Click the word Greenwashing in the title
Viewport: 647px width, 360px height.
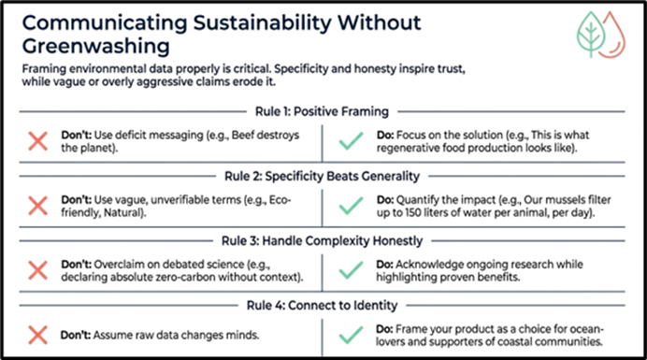pos(95,46)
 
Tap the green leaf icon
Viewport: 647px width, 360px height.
pos(591,34)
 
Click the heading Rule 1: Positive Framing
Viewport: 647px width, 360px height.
pos(322,111)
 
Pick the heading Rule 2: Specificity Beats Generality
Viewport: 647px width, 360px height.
pos(322,177)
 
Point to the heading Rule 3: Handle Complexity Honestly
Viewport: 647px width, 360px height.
pos(322,240)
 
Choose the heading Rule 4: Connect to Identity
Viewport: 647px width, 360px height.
pos(322,306)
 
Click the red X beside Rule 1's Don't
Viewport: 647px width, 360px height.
pos(38,141)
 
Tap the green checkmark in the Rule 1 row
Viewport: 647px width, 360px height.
pos(351,141)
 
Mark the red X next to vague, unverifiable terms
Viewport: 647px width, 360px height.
pos(38,206)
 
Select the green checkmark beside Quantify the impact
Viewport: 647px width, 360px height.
pos(351,206)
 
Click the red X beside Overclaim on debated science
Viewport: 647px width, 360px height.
pos(38,270)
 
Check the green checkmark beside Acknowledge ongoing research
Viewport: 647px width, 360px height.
pos(351,270)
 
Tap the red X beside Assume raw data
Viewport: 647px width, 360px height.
pos(38,335)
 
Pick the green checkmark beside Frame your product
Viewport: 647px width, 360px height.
pos(351,335)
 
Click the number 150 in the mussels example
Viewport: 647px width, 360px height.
pos(414,212)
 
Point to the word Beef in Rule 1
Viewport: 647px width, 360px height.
pos(243,135)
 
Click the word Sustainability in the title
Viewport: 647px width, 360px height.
pos(262,22)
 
